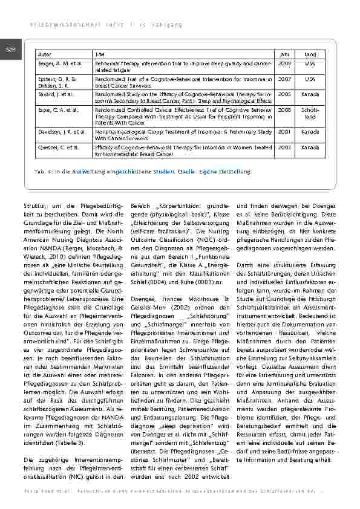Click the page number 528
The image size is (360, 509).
point(11,50)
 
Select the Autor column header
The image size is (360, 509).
point(45,54)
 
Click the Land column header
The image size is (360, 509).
point(310,54)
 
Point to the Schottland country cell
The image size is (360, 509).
point(310,113)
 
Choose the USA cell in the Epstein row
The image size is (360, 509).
point(310,79)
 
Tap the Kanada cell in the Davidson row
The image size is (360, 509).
point(310,131)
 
